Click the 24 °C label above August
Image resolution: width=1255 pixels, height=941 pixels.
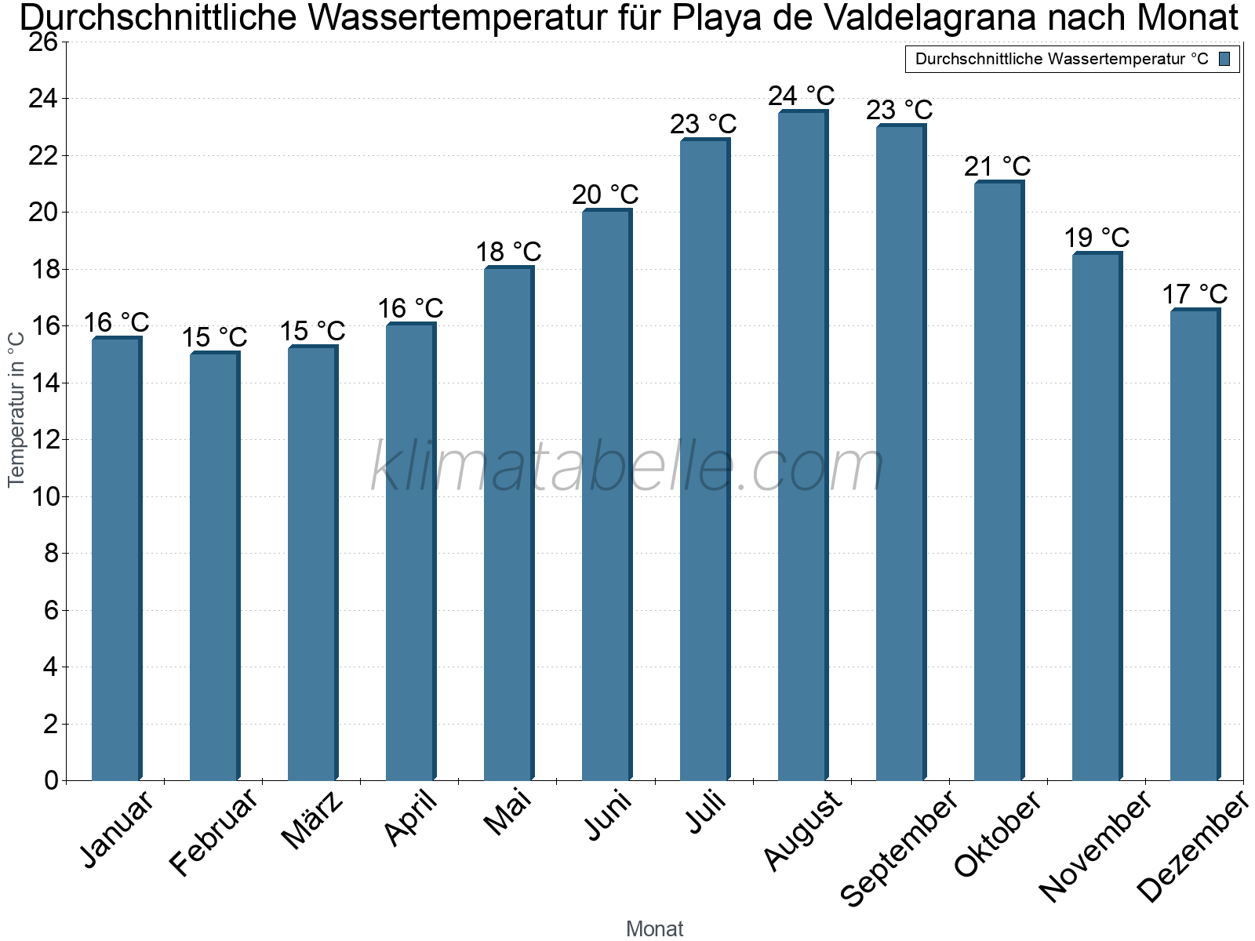pyautogui.click(x=802, y=96)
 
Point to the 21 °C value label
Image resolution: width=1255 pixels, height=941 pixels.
pyautogui.click(x=998, y=166)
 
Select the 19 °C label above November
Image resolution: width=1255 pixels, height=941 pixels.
pyautogui.click(x=1097, y=237)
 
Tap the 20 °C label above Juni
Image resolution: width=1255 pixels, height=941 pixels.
pyautogui.click(x=606, y=194)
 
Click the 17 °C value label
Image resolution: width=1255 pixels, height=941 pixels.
pyautogui.click(x=1195, y=294)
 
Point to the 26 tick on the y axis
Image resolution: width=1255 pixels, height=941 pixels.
pyautogui.click(x=44, y=42)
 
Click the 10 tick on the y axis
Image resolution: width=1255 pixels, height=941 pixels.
pyautogui.click(x=44, y=496)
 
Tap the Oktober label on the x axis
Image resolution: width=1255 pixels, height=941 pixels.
pyautogui.click(x=999, y=834)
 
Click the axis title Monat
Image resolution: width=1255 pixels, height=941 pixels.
pyautogui.click(x=654, y=928)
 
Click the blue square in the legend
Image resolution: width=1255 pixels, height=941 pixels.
pyautogui.click(x=1224, y=59)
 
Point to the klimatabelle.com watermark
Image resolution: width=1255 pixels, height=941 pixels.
pyautogui.click(x=627, y=467)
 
